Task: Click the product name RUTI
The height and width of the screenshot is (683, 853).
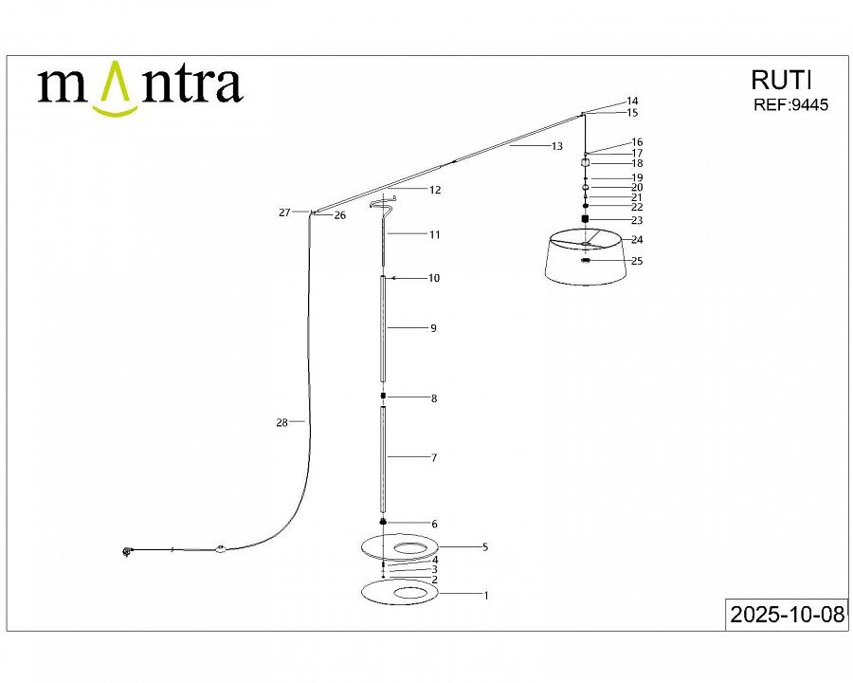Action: [781, 80]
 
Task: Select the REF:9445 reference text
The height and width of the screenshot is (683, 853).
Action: [790, 104]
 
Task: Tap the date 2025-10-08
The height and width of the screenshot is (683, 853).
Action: [788, 615]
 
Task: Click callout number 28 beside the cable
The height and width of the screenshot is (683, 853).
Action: [281, 423]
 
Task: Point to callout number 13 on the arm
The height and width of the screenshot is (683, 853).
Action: [556, 146]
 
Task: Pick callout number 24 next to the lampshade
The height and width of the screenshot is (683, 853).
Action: [637, 240]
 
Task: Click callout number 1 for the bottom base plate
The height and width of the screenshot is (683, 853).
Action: [486, 596]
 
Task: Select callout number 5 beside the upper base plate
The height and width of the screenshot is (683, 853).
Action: [485, 546]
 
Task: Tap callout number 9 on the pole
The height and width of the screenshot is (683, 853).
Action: [433, 328]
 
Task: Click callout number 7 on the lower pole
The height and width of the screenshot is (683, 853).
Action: [433, 458]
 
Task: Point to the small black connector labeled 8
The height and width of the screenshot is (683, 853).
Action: [383, 396]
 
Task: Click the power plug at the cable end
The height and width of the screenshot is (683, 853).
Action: [127, 553]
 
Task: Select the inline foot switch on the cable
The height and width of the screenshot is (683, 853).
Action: [221, 549]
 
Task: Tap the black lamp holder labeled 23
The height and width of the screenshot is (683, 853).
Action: [586, 219]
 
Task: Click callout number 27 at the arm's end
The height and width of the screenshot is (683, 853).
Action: [284, 212]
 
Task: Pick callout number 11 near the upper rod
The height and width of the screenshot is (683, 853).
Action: [434, 234]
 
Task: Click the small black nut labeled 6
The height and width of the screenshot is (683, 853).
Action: [383, 522]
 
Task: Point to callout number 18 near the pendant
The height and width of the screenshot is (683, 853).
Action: [637, 163]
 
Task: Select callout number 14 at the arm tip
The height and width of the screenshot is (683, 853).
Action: [632, 101]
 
